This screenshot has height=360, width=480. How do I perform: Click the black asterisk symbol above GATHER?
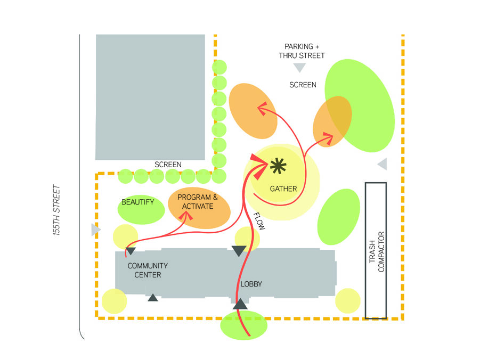click(x=278, y=167)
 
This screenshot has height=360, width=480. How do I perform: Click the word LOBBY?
click(x=251, y=284)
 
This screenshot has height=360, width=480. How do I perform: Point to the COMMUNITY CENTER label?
click(x=148, y=270)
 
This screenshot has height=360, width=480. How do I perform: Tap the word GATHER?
click(x=283, y=189)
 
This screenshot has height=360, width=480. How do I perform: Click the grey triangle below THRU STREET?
click(x=300, y=68)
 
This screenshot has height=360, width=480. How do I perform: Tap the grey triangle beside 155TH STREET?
click(x=95, y=230)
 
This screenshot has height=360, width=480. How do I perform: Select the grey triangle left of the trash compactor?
click(x=381, y=165)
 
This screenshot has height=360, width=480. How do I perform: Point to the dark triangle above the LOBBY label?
click(x=239, y=250)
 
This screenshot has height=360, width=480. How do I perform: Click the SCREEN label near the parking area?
click(x=303, y=85)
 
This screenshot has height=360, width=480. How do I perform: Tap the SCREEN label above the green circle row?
click(x=168, y=165)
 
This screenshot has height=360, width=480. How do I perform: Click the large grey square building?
click(x=150, y=97)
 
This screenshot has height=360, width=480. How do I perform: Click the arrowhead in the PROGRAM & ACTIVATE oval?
click(x=187, y=216)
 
